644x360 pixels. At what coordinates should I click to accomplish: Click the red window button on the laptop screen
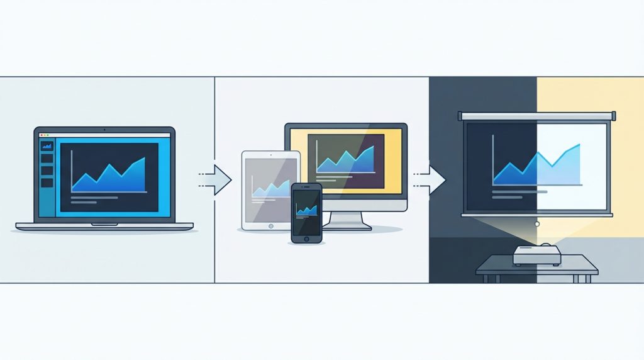click(x=41, y=135)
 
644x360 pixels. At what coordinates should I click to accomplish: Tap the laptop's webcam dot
click(x=104, y=130)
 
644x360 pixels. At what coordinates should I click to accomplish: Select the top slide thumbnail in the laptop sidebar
click(x=47, y=146)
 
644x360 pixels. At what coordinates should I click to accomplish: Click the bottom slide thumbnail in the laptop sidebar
click(x=47, y=182)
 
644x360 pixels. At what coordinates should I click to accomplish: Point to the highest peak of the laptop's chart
click(x=143, y=159)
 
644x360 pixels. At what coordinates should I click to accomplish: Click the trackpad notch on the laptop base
click(x=104, y=224)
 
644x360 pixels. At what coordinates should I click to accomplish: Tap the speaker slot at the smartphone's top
click(x=306, y=188)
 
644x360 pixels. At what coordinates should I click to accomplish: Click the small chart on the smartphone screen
click(x=306, y=210)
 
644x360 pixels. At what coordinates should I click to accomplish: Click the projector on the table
click(x=536, y=255)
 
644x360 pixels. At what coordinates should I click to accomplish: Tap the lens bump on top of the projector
click(x=545, y=245)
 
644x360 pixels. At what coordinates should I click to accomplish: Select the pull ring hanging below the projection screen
click(x=536, y=224)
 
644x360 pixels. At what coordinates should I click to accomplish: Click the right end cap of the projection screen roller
click(x=613, y=115)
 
